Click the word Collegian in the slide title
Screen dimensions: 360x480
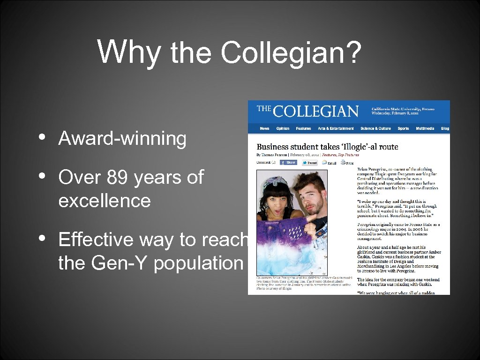click(x=284, y=52)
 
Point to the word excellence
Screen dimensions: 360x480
click(x=105, y=201)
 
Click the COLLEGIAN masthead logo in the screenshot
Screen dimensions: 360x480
click(x=308, y=111)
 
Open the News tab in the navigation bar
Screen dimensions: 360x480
click(x=265, y=128)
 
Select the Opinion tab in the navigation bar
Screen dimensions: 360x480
click(x=283, y=128)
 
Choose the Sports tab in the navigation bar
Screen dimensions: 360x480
click(x=403, y=128)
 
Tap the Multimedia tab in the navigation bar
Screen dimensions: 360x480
click(x=425, y=128)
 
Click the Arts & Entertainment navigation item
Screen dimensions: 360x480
click(x=336, y=128)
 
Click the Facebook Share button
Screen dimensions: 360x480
click(x=288, y=163)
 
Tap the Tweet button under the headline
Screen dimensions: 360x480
click(x=310, y=163)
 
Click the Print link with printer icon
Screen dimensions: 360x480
click(x=347, y=163)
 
